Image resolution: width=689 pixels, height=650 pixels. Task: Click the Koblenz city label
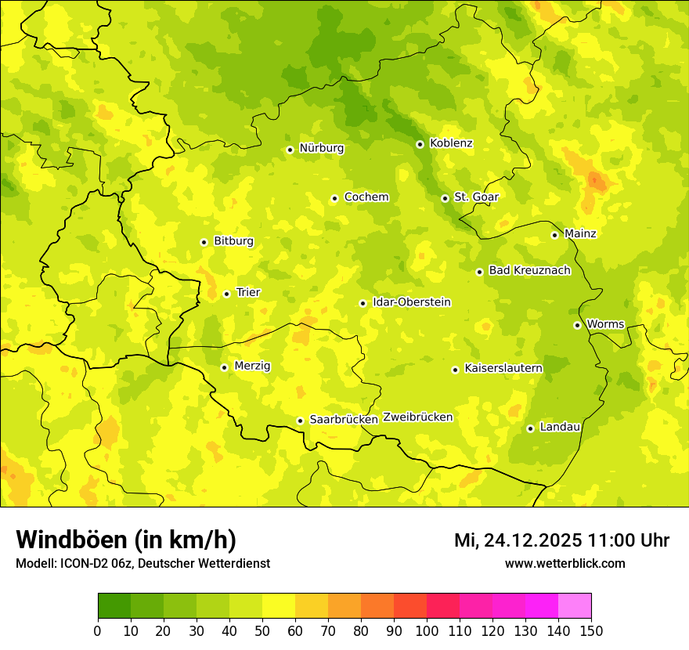451,143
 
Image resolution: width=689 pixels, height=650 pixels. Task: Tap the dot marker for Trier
227,294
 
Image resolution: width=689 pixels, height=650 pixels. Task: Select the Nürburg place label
321,148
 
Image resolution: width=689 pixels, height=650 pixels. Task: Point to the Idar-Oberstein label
412,302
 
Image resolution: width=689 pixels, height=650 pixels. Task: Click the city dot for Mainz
554,235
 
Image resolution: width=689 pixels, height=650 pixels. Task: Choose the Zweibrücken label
417,417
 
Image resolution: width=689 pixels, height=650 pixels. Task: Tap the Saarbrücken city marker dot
300,421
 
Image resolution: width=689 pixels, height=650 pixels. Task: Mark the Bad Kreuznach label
529,270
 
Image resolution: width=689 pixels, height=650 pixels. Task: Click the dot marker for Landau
530,428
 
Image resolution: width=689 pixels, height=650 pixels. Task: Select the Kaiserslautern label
503,368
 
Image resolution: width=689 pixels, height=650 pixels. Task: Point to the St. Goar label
476,197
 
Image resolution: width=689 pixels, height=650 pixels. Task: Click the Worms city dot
577,325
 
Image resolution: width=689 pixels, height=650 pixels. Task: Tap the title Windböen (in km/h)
126,540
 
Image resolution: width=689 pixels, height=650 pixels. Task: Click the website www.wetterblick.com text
565,563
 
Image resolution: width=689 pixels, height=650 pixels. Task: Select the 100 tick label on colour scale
427,630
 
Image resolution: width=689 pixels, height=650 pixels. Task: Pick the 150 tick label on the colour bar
591,630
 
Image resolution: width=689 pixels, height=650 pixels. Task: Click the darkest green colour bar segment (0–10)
114,606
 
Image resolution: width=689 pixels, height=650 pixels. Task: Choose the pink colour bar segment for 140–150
575,606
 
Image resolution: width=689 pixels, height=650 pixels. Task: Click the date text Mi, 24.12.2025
518,540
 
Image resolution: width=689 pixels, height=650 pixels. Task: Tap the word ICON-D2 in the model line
80,563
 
